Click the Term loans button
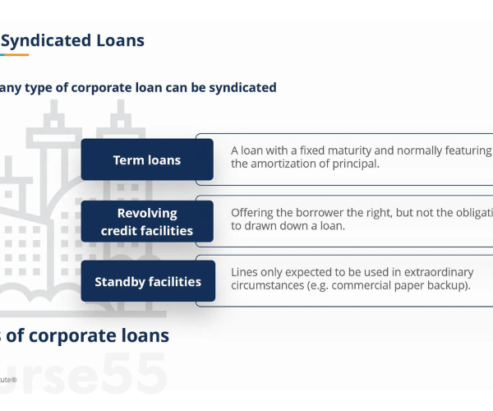[146, 159]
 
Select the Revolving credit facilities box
[146, 221]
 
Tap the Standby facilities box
[147, 282]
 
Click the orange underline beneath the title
[14, 55]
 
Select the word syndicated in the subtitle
[239, 87]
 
